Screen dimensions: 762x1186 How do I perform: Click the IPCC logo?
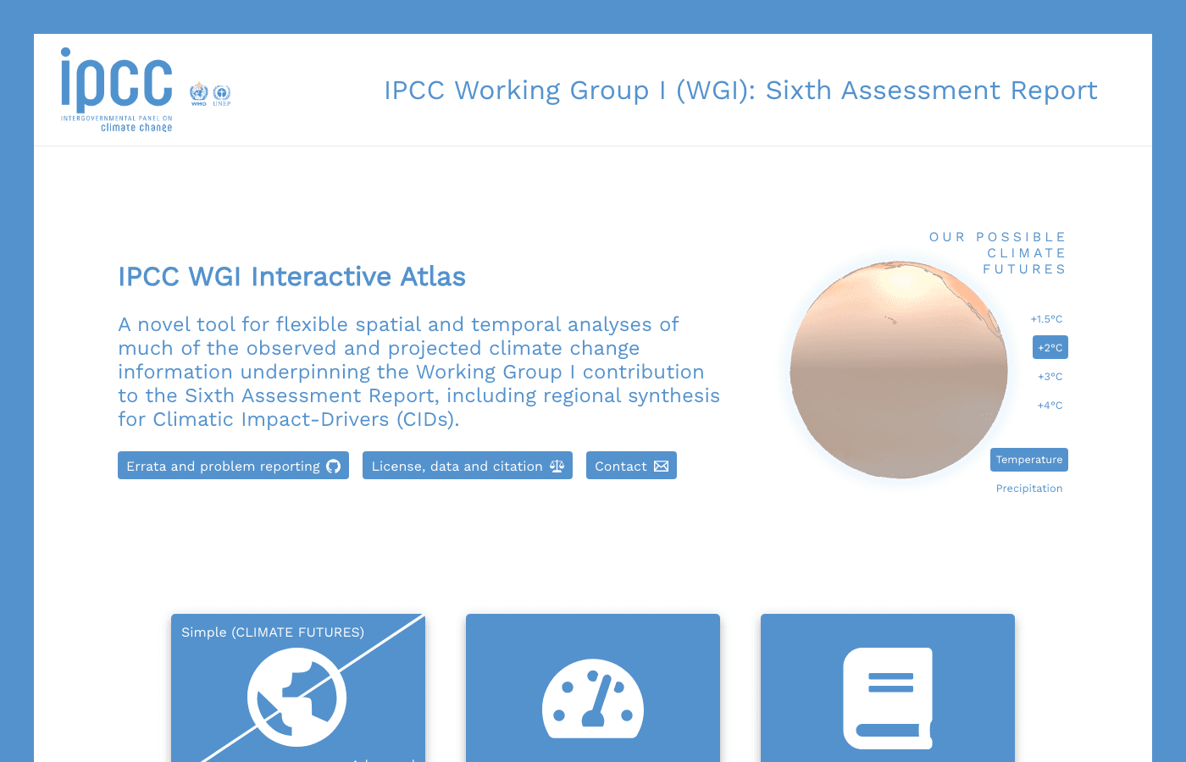[x=117, y=89]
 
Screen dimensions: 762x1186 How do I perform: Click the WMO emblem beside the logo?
[x=199, y=92]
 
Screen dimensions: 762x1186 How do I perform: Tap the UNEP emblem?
[x=222, y=93]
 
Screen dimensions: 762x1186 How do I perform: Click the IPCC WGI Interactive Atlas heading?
[x=291, y=277]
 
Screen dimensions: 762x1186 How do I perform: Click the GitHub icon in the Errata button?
[x=334, y=466]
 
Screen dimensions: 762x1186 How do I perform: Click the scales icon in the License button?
[x=557, y=466]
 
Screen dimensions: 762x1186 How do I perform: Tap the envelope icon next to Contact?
[x=662, y=466]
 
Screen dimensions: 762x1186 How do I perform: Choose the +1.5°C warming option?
[x=1046, y=319]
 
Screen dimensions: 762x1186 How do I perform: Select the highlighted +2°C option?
[x=1050, y=348]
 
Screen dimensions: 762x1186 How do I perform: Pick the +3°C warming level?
[x=1050, y=377]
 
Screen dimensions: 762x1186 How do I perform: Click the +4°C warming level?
[x=1050, y=406]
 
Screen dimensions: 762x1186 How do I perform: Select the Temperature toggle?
[x=1028, y=460]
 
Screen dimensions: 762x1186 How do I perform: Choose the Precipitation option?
[x=1028, y=489]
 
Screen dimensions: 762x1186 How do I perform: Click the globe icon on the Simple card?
[x=296, y=697]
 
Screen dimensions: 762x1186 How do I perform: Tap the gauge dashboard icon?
[x=593, y=698]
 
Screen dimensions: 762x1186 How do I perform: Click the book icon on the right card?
[x=888, y=698]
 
